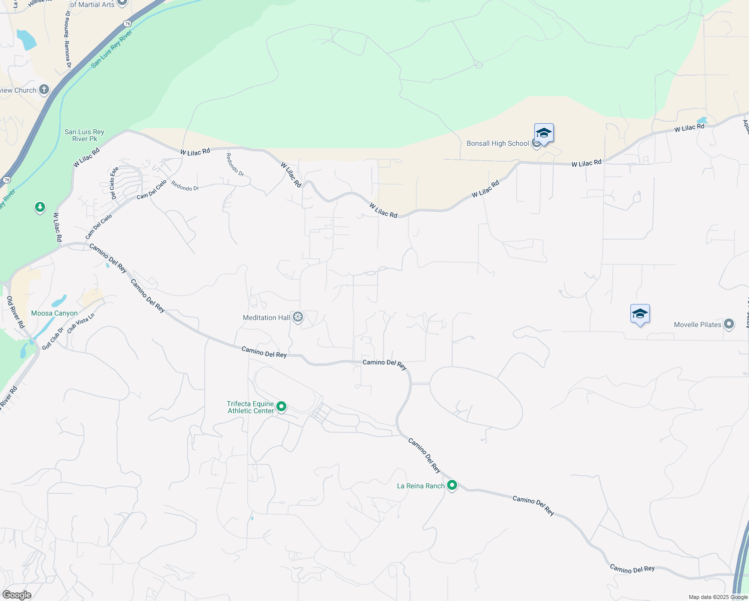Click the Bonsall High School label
pyautogui.click(x=497, y=144)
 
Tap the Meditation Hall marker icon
pyautogui.click(x=298, y=317)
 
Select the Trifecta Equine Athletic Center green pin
pyautogui.click(x=281, y=407)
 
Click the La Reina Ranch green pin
pyautogui.click(x=452, y=485)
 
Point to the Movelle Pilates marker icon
pyautogui.click(x=729, y=324)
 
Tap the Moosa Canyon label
pyautogui.click(x=54, y=314)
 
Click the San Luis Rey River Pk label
pyautogui.click(x=84, y=135)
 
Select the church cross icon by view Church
pyautogui.click(x=44, y=90)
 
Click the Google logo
pyautogui.click(x=17, y=595)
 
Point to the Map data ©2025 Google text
pyautogui.click(x=718, y=597)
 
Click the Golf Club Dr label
pyautogui.click(x=53, y=339)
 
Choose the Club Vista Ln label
pyautogui.click(x=81, y=324)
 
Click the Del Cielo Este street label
pyautogui.click(x=114, y=183)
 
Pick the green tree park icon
pyautogui.click(x=40, y=207)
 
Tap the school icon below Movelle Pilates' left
pyautogui.click(x=640, y=315)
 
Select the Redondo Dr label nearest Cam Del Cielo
pyautogui.click(x=185, y=186)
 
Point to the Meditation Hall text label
pyautogui.click(x=266, y=318)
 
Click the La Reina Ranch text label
pyautogui.click(x=421, y=486)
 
